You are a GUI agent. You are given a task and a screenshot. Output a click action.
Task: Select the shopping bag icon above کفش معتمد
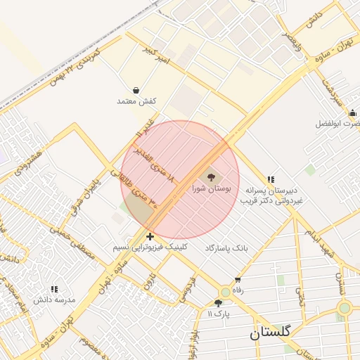pos(136,90)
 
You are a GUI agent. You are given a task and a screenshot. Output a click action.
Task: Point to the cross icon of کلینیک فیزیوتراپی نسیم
pos(150,236)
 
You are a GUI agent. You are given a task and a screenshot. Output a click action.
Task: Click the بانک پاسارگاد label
pos(227,248)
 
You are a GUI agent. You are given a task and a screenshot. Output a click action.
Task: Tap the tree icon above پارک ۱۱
pos(218,303)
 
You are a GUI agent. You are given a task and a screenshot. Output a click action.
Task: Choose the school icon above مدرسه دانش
pos(54,289)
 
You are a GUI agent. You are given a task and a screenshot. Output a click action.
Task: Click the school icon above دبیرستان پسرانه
pos(271,179)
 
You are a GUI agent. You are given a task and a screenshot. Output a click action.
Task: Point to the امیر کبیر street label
pos(155,59)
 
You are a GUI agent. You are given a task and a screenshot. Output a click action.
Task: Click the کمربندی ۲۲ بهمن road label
pos(75,65)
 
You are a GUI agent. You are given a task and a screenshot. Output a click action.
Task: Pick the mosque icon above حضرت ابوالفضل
pos(352,112)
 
